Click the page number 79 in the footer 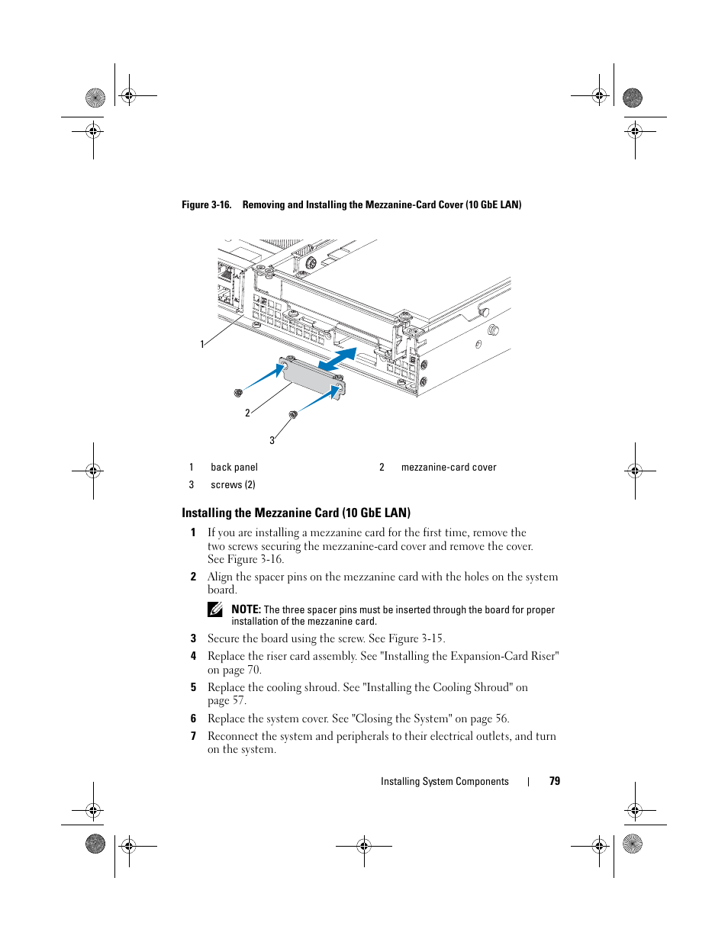(x=555, y=781)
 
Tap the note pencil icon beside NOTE (x=215, y=609)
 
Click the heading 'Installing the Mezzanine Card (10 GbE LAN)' (x=296, y=513)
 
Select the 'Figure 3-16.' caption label (x=206, y=204)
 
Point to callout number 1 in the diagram (x=202, y=345)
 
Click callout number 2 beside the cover (x=247, y=413)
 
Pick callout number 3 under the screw (x=272, y=441)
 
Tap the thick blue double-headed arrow (x=338, y=360)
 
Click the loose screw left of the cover (x=238, y=393)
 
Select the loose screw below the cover (x=293, y=414)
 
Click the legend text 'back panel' (x=234, y=468)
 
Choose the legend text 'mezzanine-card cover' (x=449, y=468)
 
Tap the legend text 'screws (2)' (x=233, y=485)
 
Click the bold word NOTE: (x=246, y=609)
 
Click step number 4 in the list (x=193, y=656)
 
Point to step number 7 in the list (x=193, y=736)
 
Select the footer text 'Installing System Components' (x=444, y=781)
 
